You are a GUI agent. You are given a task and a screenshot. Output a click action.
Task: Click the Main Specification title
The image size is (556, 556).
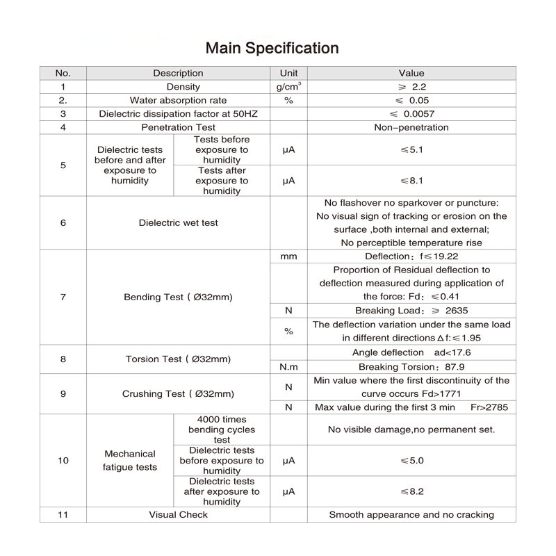[x=272, y=48]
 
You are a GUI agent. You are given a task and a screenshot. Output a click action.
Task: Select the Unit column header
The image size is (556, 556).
[x=288, y=73]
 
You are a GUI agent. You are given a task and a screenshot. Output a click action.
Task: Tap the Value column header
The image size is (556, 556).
[x=411, y=73]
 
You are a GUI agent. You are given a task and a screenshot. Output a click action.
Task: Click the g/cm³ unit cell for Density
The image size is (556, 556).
[x=288, y=87]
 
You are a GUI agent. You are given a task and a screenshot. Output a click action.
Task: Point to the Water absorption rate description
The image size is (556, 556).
[x=178, y=100]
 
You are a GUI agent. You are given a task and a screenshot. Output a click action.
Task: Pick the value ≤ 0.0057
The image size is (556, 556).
[x=411, y=114]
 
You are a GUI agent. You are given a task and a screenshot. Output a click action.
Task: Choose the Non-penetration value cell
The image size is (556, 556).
[x=411, y=127]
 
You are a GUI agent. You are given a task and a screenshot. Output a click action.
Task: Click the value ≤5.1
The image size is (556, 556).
[x=411, y=150]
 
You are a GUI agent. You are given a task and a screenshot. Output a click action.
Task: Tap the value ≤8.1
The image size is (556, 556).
[x=411, y=181]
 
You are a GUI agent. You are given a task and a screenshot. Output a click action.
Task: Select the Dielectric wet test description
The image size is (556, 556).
[x=178, y=223]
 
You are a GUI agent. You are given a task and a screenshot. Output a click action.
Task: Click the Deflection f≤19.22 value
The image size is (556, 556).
[x=411, y=256]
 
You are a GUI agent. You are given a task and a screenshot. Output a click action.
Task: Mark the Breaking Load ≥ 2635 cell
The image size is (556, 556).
[x=411, y=311]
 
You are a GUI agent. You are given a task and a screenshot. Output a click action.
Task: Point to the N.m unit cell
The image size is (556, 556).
[x=288, y=366]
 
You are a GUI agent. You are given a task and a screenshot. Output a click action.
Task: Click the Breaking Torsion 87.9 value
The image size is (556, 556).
[x=411, y=366]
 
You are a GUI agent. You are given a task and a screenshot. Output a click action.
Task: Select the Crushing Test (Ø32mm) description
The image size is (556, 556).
[x=178, y=393]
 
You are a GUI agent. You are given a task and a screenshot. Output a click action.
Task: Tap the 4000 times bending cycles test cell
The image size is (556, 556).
[x=222, y=430]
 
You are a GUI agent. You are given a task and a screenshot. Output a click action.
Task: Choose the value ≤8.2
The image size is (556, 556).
[x=411, y=491]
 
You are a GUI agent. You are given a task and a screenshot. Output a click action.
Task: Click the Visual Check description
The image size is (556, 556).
[x=178, y=515]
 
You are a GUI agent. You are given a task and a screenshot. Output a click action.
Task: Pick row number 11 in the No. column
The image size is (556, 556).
[x=63, y=515]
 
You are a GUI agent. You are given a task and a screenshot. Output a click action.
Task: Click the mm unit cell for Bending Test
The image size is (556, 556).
[x=288, y=256]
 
